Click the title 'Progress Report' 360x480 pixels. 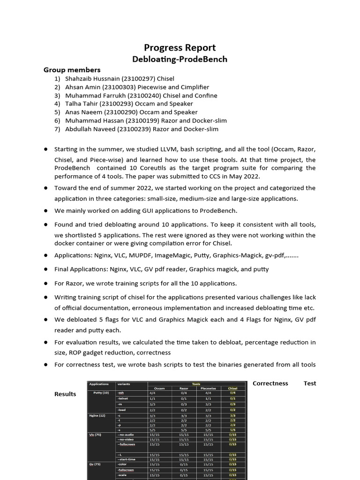180,47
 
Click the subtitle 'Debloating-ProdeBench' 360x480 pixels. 180,59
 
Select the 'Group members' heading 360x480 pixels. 72,70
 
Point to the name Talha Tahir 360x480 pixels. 82,104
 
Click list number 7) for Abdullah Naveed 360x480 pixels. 57,129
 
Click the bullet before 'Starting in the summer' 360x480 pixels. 46,149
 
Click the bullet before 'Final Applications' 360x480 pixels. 46,270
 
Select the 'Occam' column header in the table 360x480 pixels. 159,388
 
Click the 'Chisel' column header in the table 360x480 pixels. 232,388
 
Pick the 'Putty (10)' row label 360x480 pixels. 101,393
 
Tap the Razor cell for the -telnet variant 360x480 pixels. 184,398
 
